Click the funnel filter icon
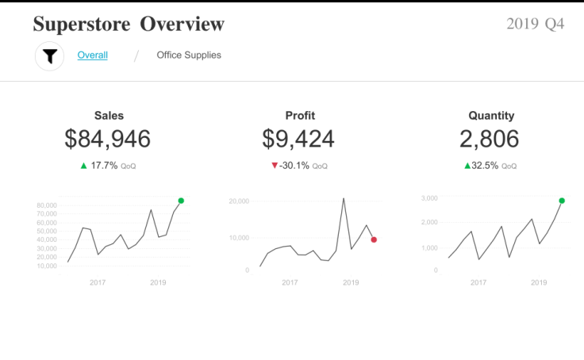[x=50, y=56]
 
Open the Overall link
[x=93, y=56]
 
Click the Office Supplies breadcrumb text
[x=189, y=56]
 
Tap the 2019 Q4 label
[x=536, y=24]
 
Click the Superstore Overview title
[x=129, y=25]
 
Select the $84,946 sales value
[x=108, y=140]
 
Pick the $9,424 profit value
[x=298, y=140]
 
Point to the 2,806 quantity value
[x=490, y=140]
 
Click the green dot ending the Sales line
[x=181, y=201]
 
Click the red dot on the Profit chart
[x=374, y=239]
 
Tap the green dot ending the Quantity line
[x=562, y=201]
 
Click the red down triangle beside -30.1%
[x=275, y=166]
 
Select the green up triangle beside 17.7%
[x=84, y=166]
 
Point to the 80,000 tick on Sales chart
[x=46, y=205]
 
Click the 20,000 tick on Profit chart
[x=238, y=201]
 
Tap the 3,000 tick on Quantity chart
[x=429, y=198]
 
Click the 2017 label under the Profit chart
[x=290, y=282]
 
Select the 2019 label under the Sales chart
[x=158, y=282]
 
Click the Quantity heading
[x=491, y=116]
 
